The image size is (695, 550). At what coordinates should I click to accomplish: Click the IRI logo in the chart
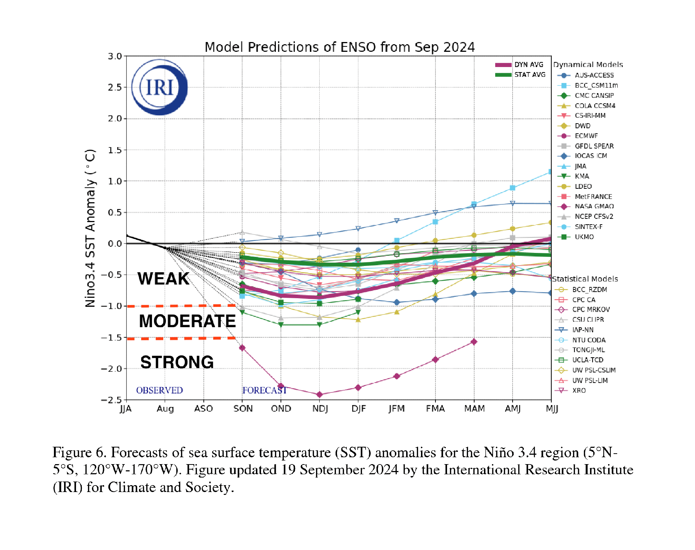coord(159,87)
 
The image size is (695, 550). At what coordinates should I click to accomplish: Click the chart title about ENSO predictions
coord(340,47)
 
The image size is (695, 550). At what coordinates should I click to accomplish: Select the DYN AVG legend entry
coord(519,64)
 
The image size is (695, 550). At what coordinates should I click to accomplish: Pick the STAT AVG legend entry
coord(520,75)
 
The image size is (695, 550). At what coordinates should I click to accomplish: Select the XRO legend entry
coord(570,391)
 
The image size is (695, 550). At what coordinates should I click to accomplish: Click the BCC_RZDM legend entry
coord(581,290)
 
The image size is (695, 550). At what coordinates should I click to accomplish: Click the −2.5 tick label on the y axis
coord(111,400)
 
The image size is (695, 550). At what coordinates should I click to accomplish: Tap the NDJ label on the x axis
coord(320,409)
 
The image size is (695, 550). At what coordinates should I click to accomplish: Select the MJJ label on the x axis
coord(552,409)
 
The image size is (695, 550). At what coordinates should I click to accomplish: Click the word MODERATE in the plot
coord(187,321)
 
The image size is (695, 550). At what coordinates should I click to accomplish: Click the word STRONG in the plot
coord(177,362)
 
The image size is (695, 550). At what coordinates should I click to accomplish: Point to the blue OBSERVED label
coord(159,390)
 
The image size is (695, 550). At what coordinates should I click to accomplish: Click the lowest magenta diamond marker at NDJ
coord(319,395)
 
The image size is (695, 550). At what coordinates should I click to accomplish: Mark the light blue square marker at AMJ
coord(513,188)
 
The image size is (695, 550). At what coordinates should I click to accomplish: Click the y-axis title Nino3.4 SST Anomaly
coord(90,228)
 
